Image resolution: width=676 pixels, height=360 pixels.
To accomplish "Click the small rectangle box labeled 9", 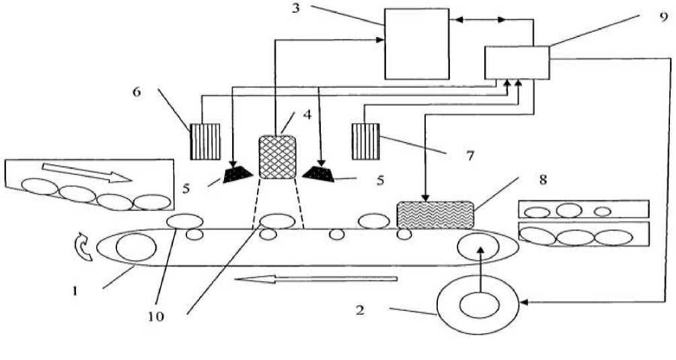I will [x=517, y=63].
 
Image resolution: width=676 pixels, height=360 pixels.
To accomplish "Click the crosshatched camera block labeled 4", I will [x=278, y=157].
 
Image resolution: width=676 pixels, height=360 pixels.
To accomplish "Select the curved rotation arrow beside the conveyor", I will [x=81, y=247].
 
